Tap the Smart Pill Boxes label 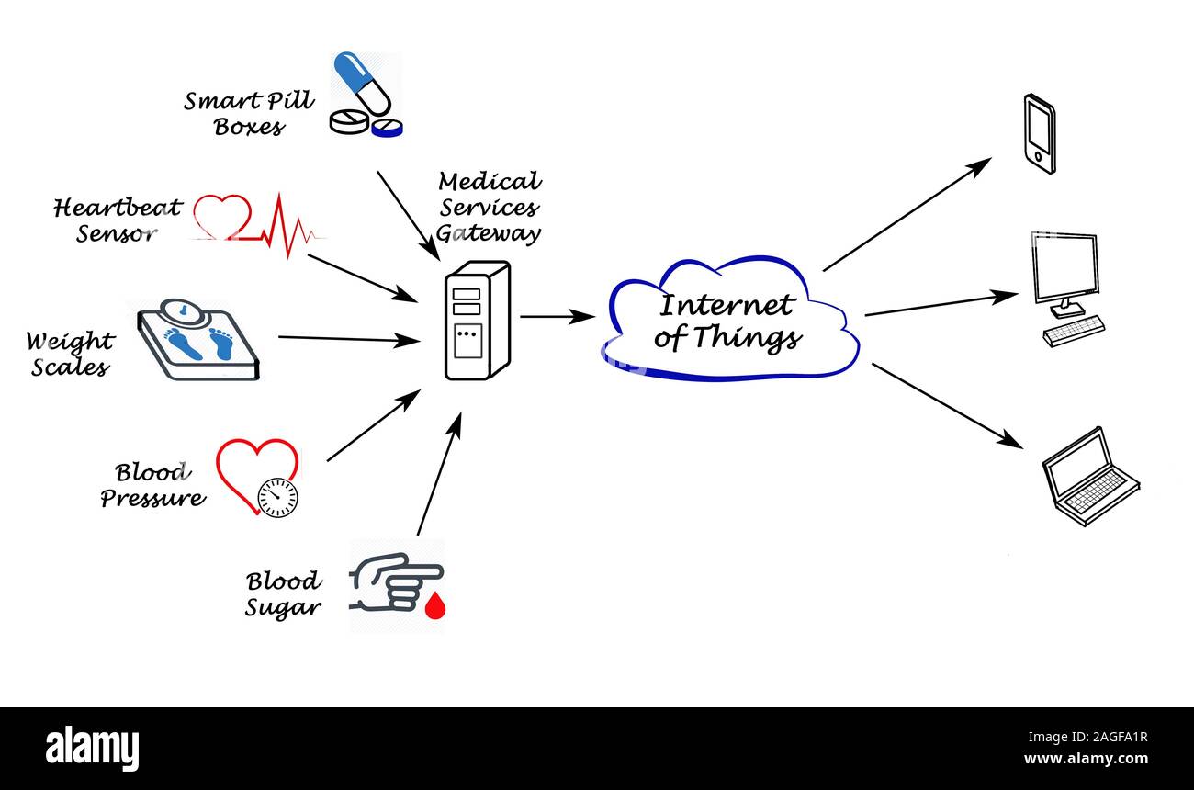pos(249,113)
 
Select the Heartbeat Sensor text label pos(118,220)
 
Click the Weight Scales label pos(70,355)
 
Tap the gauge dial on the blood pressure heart pos(277,497)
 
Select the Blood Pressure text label pos(152,485)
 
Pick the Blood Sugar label pos(284,594)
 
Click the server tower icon pos(476,321)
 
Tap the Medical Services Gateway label pos(489,208)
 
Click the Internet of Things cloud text pos(727,322)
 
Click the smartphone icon pos(1039,133)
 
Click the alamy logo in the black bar pos(92,748)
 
